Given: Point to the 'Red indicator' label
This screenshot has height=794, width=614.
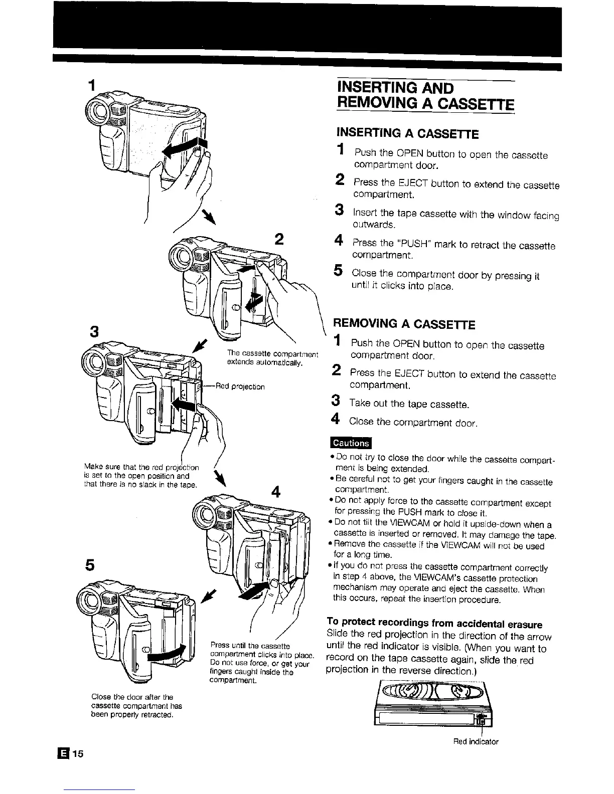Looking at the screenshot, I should pyautogui.click(x=476, y=741).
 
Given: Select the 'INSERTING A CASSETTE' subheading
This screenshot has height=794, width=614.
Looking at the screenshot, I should pyautogui.click(x=407, y=134).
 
